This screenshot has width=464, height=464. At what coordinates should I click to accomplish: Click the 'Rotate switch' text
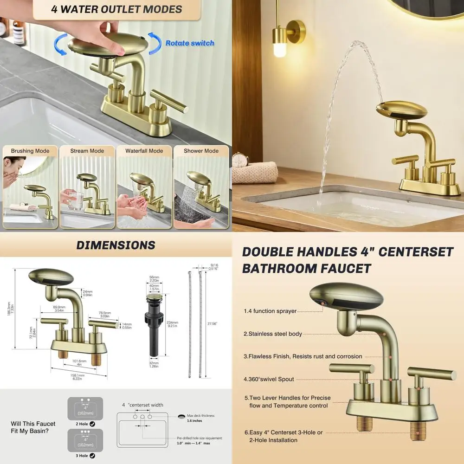[x=190, y=43]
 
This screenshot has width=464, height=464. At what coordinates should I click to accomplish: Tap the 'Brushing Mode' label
[x=30, y=151]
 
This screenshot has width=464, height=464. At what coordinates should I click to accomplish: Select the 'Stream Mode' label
[x=87, y=151]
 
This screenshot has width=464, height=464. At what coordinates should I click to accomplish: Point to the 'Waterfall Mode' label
[x=144, y=151]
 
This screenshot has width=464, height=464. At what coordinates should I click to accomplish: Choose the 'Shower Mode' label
[x=201, y=151]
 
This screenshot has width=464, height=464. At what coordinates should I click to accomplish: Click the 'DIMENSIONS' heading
[x=116, y=245]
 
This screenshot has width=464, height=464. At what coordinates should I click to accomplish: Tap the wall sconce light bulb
[x=280, y=47]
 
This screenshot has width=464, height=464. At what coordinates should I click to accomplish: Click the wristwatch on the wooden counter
[x=240, y=160]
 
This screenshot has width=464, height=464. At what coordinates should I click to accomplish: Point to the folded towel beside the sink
[x=255, y=172]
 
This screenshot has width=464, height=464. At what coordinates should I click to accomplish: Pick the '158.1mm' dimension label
[x=77, y=376]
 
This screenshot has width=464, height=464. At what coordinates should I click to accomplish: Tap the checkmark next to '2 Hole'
[x=92, y=424]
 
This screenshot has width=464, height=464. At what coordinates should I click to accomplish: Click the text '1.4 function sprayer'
[x=270, y=311]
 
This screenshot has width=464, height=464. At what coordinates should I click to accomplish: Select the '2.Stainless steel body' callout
[x=273, y=334]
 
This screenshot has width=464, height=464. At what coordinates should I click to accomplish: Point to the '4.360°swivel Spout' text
[x=269, y=379]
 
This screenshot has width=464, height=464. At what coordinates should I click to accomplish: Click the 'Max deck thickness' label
[x=200, y=416]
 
